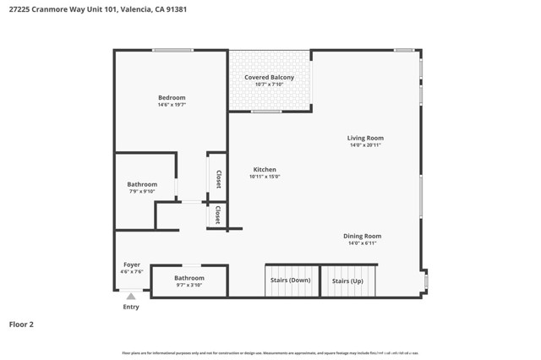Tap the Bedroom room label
pyautogui.click(x=172, y=98)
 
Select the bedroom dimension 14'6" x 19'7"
pyautogui.click(x=172, y=106)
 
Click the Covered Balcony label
pyautogui.click(x=270, y=78)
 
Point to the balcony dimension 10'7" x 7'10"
pyautogui.click(x=270, y=85)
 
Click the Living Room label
pyautogui.click(x=365, y=138)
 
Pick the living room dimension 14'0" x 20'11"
pyautogui.click(x=365, y=145)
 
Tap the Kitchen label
pyautogui.click(x=264, y=169)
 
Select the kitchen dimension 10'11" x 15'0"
pyautogui.click(x=264, y=177)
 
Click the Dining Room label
pyautogui.click(x=362, y=236)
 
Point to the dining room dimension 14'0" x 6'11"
pyautogui.click(x=362, y=243)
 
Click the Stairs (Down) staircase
pyautogui.click(x=290, y=281)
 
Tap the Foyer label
pyautogui.click(x=132, y=265)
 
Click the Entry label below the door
pyautogui.click(x=131, y=307)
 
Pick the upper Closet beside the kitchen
pyautogui.click(x=218, y=178)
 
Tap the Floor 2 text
pyautogui.click(x=21, y=324)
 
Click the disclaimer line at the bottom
pyautogui.click(x=270, y=353)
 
